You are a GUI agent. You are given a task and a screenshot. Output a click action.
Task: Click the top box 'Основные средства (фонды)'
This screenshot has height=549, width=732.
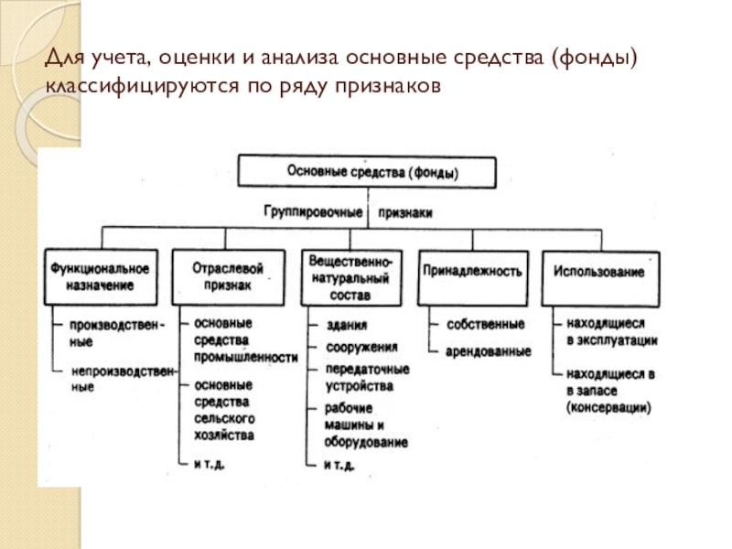point(368,172)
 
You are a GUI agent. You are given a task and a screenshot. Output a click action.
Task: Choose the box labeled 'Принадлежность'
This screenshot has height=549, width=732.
point(472,272)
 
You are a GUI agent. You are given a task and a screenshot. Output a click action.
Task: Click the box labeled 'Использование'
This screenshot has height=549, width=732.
point(598,272)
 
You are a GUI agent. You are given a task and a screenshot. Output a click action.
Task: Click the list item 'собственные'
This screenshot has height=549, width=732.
point(485,325)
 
